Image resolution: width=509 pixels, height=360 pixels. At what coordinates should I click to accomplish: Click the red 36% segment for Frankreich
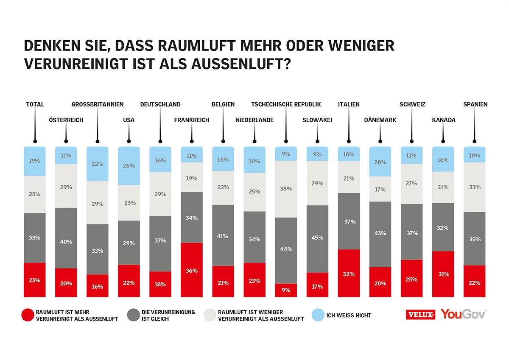tap(192, 270)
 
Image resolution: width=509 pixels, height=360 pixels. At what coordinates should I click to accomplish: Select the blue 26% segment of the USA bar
tap(129, 166)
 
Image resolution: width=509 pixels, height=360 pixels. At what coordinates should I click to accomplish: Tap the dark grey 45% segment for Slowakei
tap(317, 239)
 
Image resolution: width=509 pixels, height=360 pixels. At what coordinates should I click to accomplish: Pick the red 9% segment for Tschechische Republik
tap(286, 290)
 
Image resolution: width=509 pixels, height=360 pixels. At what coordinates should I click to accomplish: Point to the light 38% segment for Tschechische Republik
tap(286, 189)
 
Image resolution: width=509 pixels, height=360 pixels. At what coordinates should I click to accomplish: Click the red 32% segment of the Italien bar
tap(349, 273)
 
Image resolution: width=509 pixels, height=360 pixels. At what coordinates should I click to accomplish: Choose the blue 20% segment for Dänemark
tap(380, 162)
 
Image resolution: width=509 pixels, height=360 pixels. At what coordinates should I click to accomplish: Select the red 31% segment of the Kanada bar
tap(443, 274)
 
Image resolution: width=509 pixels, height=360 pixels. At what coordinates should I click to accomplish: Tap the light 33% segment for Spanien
tap(474, 187)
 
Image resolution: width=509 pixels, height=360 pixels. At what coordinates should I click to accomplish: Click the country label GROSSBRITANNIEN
tap(98, 104)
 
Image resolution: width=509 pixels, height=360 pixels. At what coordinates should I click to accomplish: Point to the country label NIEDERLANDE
tap(255, 120)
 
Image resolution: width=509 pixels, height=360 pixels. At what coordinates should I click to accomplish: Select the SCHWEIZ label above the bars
tap(412, 104)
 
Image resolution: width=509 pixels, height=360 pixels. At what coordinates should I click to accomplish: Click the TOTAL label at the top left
tap(35, 104)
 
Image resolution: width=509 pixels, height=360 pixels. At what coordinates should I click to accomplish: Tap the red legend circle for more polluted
tap(27, 315)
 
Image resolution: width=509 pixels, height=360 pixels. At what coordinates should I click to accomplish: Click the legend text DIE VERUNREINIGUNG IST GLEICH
tap(168, 315)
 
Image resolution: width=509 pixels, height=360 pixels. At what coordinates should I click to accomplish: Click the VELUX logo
tap(420, 315)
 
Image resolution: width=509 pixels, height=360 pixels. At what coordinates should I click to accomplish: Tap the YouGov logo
tap(463, 314)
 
